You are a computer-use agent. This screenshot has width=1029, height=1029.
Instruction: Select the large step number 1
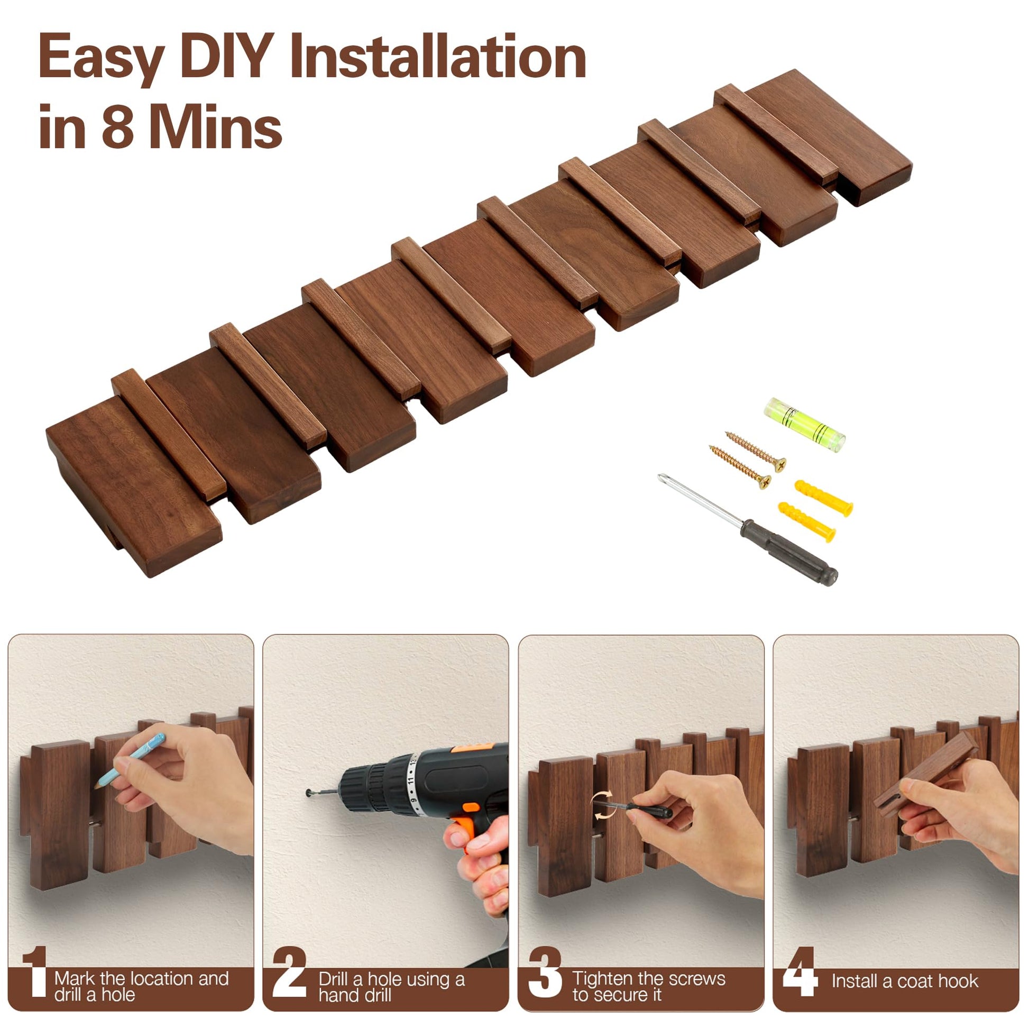[x=35, y=972]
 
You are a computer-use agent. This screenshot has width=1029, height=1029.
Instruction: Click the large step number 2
[x=289, y=972]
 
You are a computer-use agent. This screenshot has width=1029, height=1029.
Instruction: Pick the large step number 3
[x=545, y=972]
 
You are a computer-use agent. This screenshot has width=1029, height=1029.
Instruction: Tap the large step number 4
[x=800, y=972]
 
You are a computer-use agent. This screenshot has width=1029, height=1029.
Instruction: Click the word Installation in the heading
[x=438, y=57]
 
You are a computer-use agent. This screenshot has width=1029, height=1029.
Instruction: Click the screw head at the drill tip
[x=309, y=794]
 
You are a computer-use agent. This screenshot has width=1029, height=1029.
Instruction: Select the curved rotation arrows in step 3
[x=602, y=805]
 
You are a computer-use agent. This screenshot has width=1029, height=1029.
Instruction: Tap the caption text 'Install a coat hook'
[x=905, y=980]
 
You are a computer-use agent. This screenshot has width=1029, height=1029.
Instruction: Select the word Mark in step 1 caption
[x=74, y=978]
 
